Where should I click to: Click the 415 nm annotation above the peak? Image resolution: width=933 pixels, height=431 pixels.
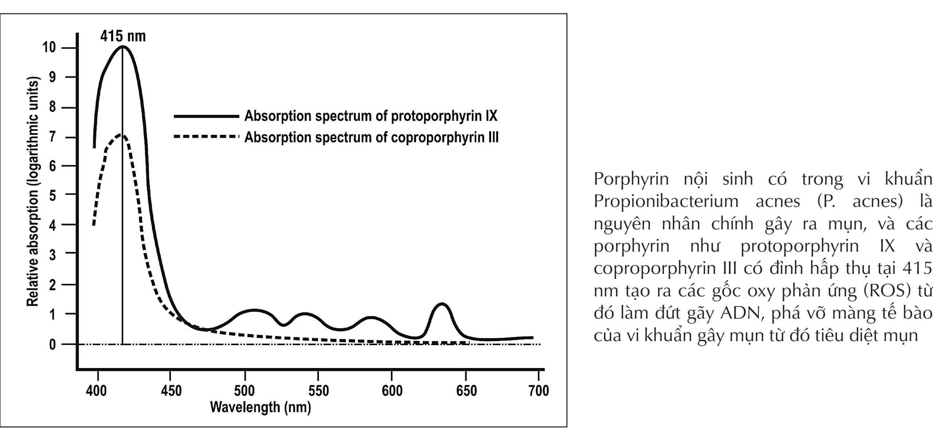(x=123, y=36)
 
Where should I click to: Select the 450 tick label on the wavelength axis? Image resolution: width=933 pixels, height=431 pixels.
(x=171, y=391)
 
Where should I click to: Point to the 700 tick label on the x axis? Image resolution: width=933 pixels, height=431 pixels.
(x=538, y=391)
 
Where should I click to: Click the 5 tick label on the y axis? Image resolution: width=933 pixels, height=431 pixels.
(x=52, y=196)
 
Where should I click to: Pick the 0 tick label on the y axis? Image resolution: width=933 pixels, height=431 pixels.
(x=52, y=344)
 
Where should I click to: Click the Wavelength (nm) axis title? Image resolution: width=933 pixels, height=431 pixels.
(x=260, y=407)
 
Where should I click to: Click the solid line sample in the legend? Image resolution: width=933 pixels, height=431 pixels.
(x=206, y=116)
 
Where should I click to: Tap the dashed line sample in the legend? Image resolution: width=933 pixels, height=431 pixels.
(x=206, y=137)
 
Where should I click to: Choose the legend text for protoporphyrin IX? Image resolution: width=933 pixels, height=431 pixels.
(x=371, y=116)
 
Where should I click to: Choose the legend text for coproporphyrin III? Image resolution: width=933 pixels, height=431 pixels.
(x=371, y=138)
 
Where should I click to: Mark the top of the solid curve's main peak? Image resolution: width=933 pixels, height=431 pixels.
(x=123, y=46)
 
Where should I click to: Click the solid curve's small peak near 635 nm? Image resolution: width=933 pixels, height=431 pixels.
(x=442, y=304)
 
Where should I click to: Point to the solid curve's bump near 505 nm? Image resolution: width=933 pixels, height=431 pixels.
(x=254, y=311)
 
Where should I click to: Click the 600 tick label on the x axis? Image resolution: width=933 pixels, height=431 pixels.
(x=392, y=391)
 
